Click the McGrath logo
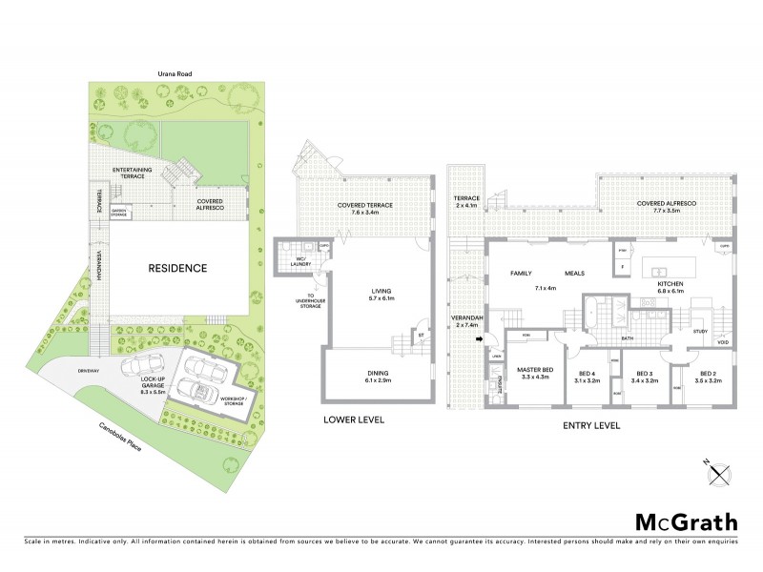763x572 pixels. tap(685, 521)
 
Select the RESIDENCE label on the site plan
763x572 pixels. tap(176, 268)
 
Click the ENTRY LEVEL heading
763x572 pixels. tap(593, 425)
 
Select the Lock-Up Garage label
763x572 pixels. tap(127, 387)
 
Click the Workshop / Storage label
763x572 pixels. tap(232, 401)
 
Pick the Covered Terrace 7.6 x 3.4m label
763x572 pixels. tap(365, 211)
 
